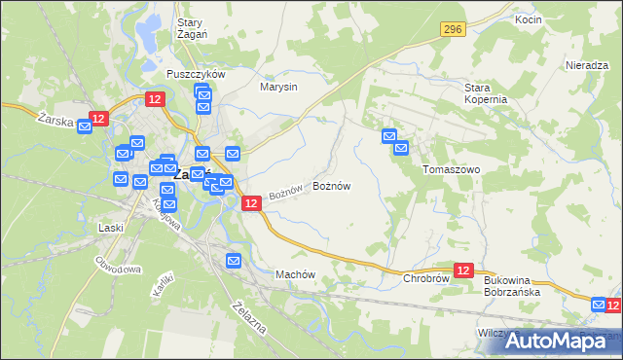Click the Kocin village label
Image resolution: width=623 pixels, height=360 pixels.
click(529, 19)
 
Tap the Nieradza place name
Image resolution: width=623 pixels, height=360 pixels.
click(586, 65)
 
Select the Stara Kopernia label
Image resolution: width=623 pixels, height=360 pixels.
click(485, 93)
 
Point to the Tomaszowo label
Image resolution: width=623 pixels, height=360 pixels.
click(452, 168)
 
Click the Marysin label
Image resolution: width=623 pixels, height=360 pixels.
click(278, 87)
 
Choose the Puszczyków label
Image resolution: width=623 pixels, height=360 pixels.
click(196, 74)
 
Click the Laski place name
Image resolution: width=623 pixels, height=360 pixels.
click(111, 228)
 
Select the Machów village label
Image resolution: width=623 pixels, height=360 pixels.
click(297, 274)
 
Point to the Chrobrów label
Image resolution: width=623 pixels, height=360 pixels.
click(425, 278)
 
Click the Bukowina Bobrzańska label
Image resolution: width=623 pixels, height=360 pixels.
click(513, 285)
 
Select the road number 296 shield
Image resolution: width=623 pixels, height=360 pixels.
click(451, 30)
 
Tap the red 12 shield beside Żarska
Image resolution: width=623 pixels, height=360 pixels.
click(97, 119)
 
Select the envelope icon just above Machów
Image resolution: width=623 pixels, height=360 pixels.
click(234, 260)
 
